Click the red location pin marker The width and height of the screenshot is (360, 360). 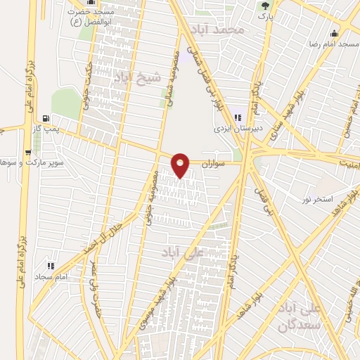[181, 165]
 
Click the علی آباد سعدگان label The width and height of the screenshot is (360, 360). [319, 317]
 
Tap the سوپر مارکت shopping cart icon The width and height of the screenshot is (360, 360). [37, 151]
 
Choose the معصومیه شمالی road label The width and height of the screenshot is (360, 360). [173, 77]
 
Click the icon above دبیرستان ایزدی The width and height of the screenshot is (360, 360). [238, 117]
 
